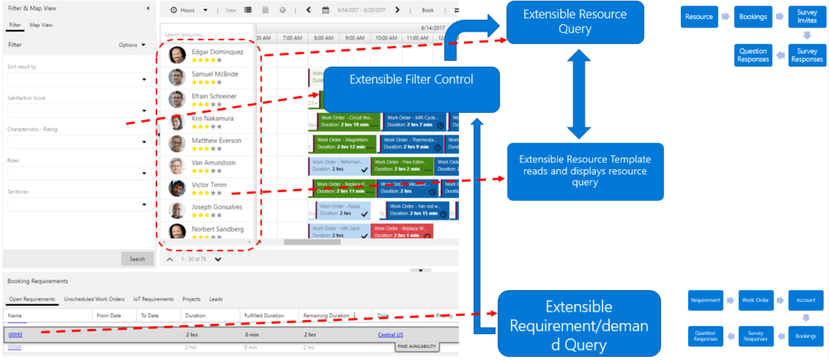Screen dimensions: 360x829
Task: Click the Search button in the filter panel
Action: point(137,259)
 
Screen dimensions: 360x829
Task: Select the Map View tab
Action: point(41,25)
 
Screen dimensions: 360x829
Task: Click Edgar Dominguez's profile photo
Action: point(177,55)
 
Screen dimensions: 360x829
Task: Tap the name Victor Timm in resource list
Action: point(209,185)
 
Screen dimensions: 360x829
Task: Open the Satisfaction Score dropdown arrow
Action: point(144,111)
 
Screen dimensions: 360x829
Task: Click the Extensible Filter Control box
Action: point(411,90)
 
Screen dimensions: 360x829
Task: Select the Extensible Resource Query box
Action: point(575,22)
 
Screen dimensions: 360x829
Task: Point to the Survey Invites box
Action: point(807,17)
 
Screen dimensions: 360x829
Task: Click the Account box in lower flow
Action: point(806,300)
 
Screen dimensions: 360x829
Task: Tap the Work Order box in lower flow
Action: point(755,300)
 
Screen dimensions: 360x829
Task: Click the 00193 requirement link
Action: point(16,335)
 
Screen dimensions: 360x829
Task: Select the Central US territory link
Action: point(390,335)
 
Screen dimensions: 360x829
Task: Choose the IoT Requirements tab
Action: point(153,299)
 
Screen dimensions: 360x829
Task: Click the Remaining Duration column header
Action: point(326,316)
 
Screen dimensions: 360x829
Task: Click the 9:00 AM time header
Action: point(354,38)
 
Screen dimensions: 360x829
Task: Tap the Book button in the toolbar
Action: point(428,10)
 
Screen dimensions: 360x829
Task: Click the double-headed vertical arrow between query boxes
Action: point(579,94)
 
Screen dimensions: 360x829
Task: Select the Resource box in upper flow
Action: point(699,17)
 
